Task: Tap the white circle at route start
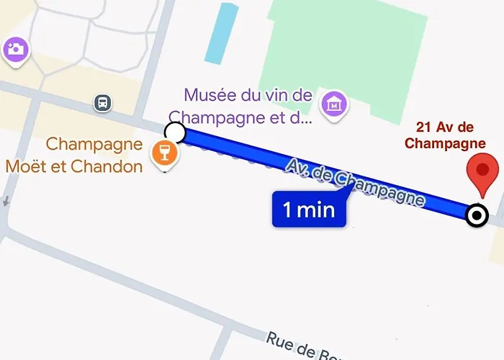(x=175, y=132)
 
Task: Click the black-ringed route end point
(x=477, y=215)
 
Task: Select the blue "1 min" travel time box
(x=309, y=210)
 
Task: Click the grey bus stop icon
(x=103, y=103)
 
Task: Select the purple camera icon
(x=14, y=49)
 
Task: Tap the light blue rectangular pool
(x=221, y=33)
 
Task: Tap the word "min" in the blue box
(x=319, y=210)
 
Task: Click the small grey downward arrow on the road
(x=5, y=202)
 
